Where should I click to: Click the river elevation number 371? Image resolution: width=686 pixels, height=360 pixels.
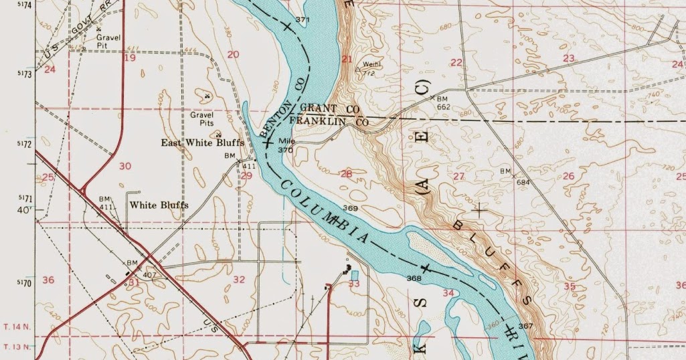click(x=303, y=20)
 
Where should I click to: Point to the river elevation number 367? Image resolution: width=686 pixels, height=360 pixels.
click(x=525, y=326)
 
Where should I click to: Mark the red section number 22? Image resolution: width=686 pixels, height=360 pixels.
click(x=456, y=62)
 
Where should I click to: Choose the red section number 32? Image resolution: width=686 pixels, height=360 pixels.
click(x=239, y=280)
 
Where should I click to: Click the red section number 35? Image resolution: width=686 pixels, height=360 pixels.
click(x=570, y=286)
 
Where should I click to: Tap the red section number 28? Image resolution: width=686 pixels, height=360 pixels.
click(x=346, y=174)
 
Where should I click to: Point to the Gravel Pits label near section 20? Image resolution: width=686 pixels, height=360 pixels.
click(x=201, y=118)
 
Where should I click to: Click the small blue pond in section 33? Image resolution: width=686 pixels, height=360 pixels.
click(x=354, y=276)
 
